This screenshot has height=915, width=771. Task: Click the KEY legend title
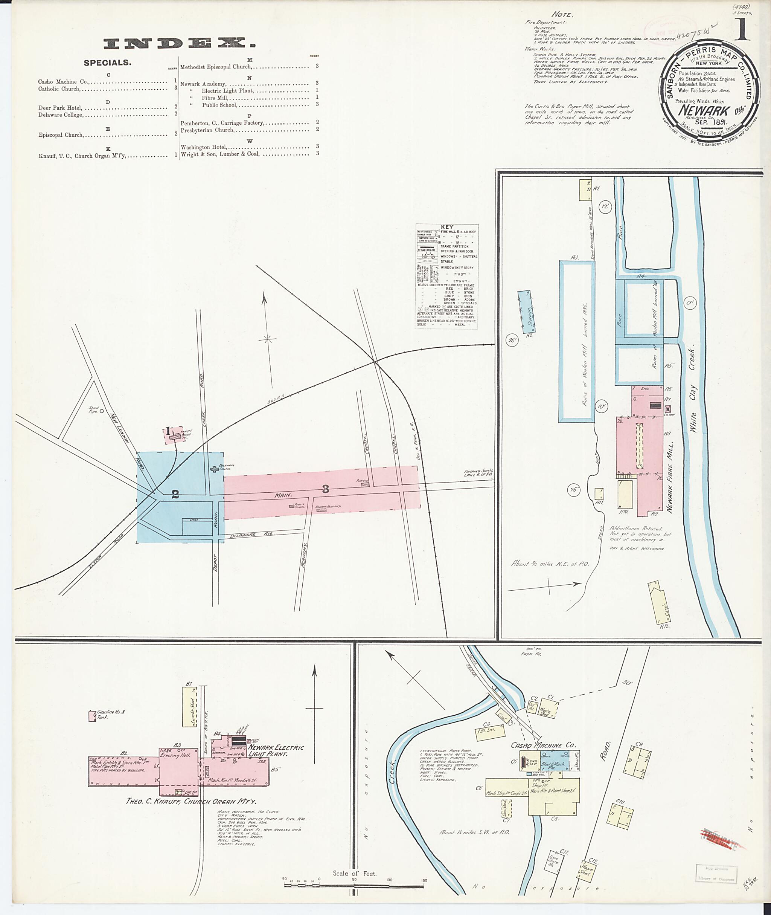pos(447,228)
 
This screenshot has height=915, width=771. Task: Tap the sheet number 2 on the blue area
pos(175,495)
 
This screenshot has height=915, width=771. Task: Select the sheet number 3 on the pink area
pos(325,489)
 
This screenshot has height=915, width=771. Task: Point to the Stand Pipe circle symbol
pos(101,411)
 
